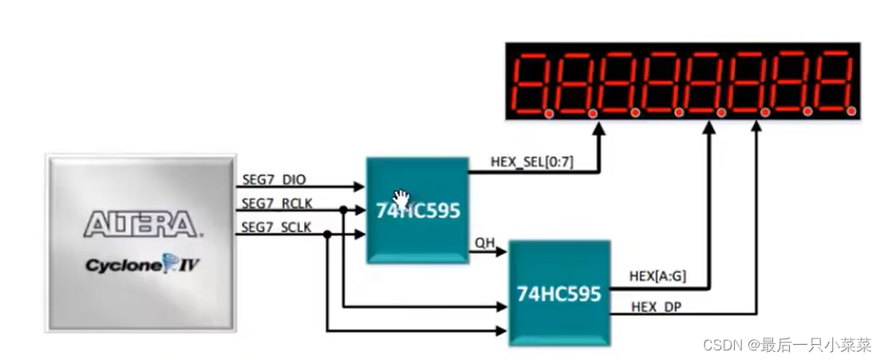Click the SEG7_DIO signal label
click(273, 179)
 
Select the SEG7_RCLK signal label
click(275, 203)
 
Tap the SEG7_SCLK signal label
click(275, 227)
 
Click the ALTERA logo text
click(140, 224)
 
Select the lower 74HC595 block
click(558, 293)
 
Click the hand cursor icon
click(401, 198)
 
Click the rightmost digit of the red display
click(833, 82)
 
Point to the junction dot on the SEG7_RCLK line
click(343, 211)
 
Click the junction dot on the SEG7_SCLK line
click(327, 234)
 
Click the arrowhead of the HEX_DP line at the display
click(754, 128)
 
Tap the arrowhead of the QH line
click(503, 252)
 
